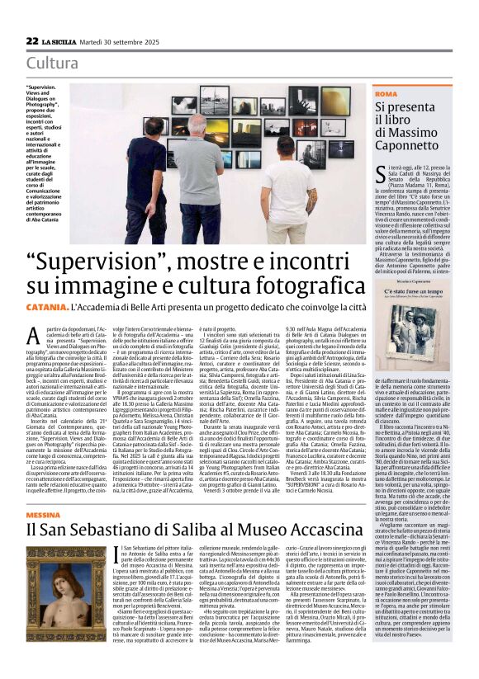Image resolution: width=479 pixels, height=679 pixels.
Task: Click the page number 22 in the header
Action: (32, 40)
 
